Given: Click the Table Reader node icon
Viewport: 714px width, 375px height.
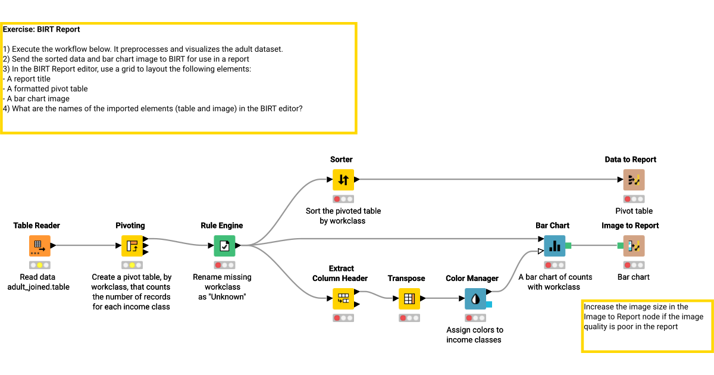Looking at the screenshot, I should coord(39,245).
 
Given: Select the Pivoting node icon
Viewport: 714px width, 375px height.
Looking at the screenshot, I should coord(132,245).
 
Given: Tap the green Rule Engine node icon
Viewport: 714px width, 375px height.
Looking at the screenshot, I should coord(224,245).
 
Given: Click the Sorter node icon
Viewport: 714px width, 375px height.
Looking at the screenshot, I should coord(343,179).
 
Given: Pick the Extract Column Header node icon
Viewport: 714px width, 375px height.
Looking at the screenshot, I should coord(343,298).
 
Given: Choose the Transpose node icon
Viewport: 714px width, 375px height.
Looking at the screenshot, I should coord(409,299).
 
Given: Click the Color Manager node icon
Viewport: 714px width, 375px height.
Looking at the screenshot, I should coord(475,299).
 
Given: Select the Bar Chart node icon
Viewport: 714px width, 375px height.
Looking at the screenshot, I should coord(555,245).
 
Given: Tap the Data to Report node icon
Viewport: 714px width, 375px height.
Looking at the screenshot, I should coord(634,179).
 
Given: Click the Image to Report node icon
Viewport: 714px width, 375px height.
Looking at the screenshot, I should coord(634,245).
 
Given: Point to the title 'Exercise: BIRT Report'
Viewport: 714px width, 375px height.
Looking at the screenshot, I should coord(42,29).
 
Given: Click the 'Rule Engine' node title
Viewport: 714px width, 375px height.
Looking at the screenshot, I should coord(222,226).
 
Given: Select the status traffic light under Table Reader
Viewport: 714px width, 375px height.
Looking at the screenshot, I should coord(39,265).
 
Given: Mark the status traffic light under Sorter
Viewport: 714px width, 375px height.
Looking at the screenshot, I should coord(343,199).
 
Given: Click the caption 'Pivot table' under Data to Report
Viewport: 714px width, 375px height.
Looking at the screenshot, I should coord(634,211).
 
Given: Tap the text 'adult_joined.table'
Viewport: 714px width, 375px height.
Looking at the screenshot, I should coord(38,287).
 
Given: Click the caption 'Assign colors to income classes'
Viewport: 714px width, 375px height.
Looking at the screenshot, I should coord(475,335).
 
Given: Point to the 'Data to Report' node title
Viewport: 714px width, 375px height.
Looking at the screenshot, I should coord(631,160).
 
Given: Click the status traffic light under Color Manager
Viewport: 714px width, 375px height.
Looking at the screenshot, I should coord(475,318).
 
